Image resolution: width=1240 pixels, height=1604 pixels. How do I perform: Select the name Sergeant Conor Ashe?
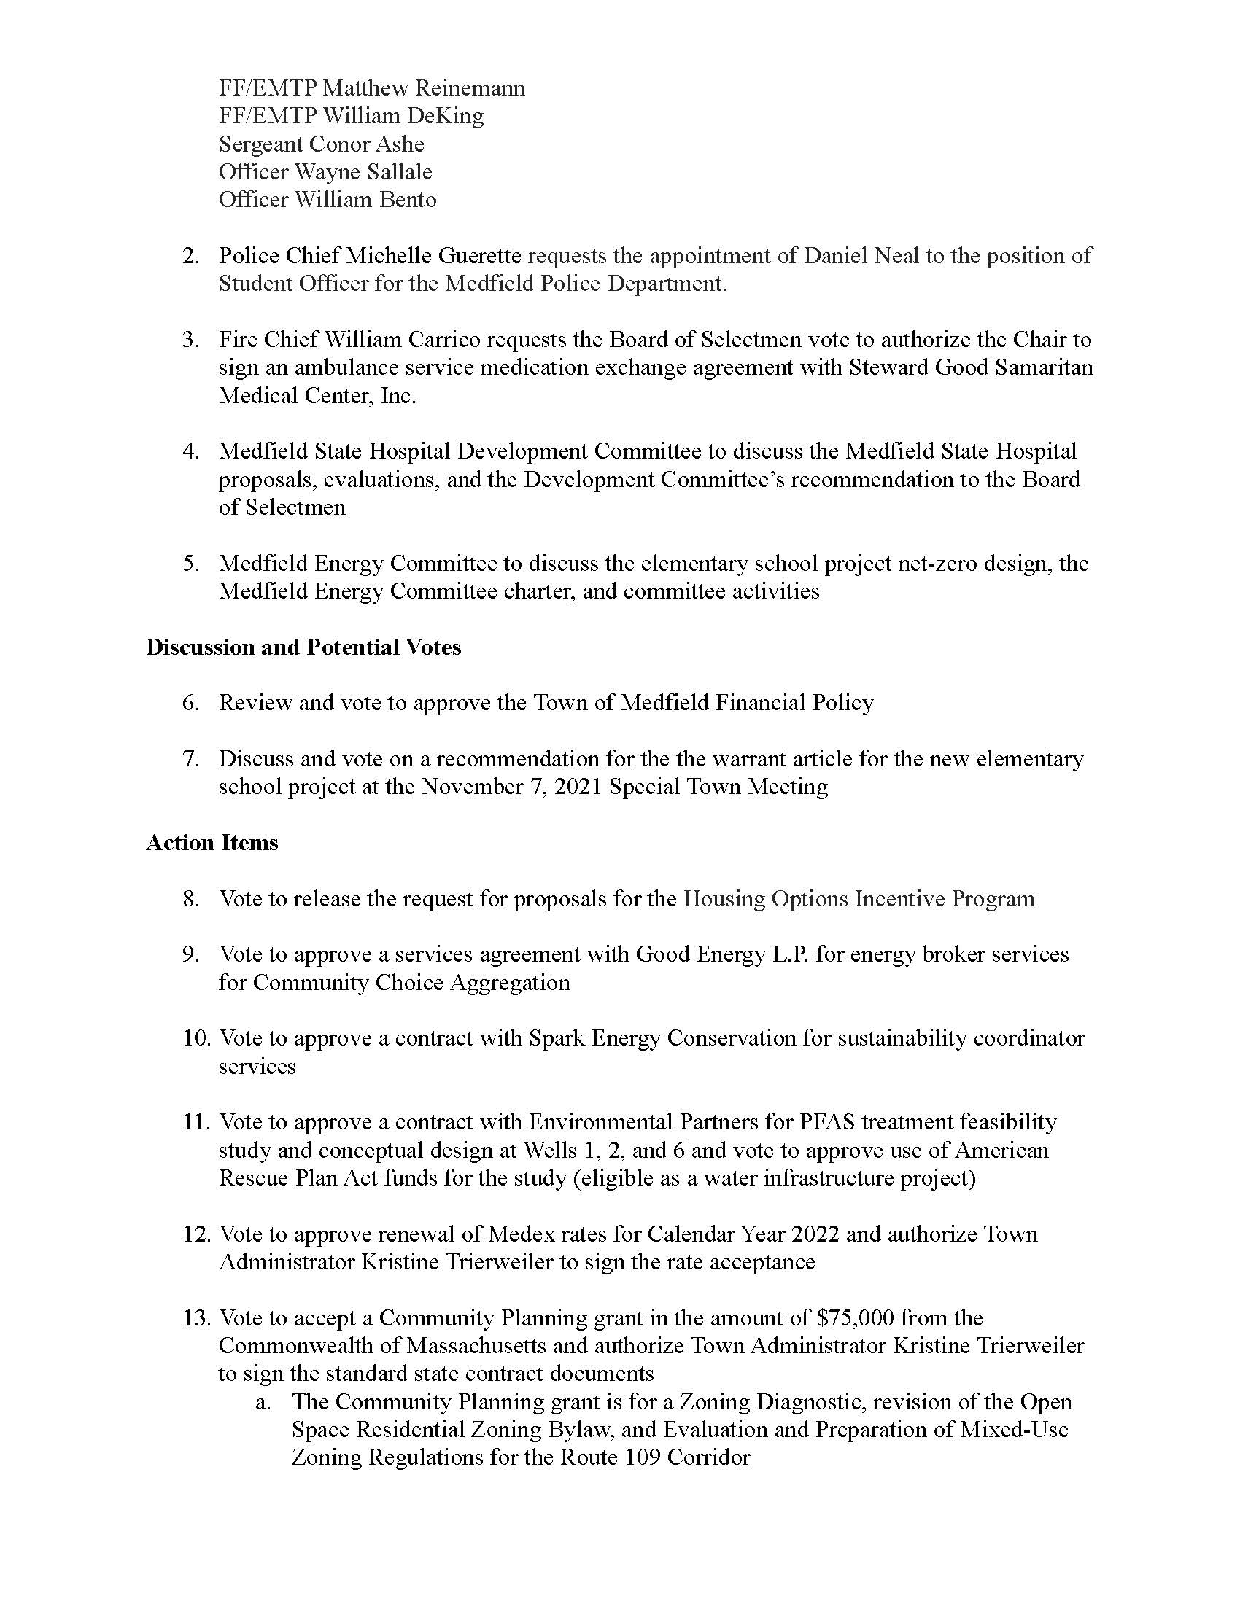(321, 144)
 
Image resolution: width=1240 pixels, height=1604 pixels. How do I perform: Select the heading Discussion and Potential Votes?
(303, 647)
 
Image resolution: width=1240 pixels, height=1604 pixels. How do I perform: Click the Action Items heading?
(212, 842)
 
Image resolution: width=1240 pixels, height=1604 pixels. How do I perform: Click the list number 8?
(191, 899)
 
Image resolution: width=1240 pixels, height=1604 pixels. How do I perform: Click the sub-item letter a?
(263, 1402)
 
